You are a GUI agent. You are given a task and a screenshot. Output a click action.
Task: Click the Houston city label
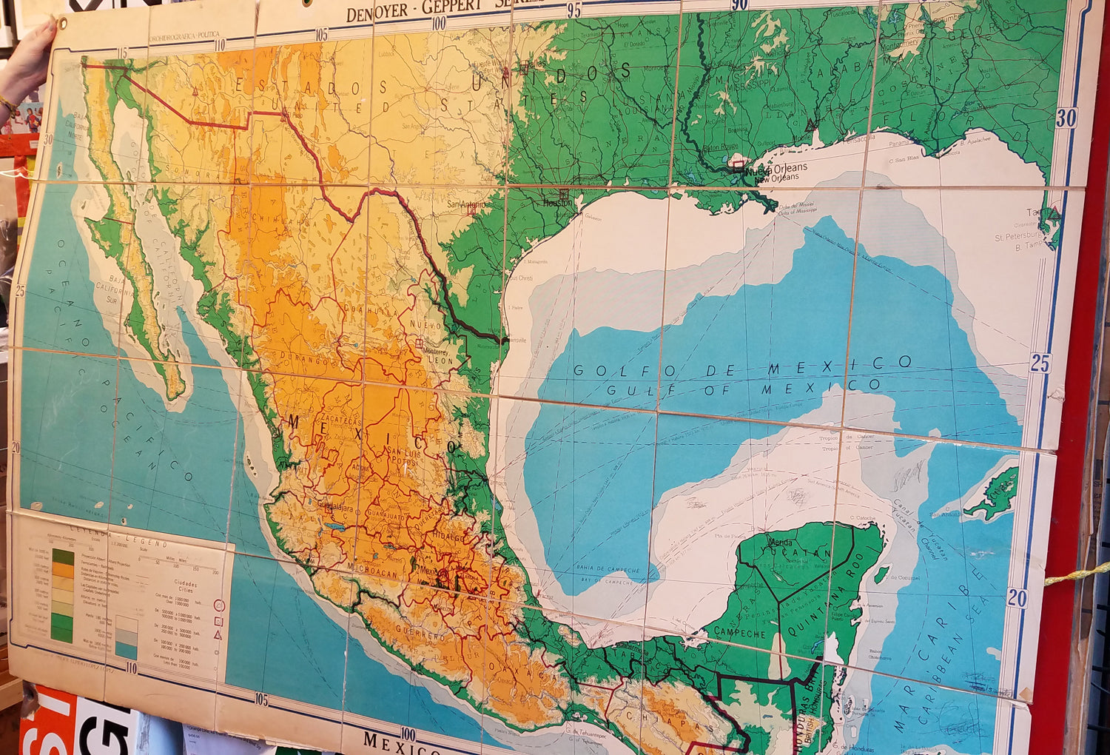558,203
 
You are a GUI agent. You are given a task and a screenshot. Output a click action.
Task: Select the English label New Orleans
774,178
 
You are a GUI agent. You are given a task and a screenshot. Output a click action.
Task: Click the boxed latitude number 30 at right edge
1066,118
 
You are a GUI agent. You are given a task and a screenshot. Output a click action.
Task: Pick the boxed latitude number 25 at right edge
1040,363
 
